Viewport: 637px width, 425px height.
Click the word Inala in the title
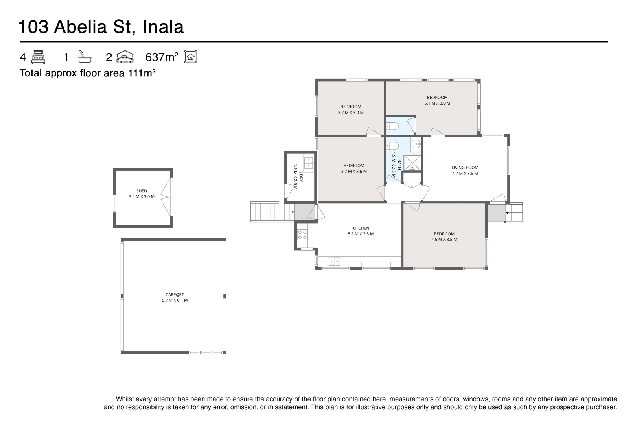[163, 28]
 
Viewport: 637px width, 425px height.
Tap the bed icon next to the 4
[38, 57]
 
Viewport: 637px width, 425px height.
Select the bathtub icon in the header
[84, 57]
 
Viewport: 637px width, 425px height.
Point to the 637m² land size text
[162, 57]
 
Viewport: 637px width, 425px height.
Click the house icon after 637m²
[191, 57]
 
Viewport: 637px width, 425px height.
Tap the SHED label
[142, 191]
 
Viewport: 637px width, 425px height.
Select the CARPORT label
[175, 295]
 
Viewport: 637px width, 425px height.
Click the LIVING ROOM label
[465, 168]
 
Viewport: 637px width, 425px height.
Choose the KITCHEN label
[361, 228]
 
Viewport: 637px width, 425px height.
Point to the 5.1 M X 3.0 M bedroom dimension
[437, 103]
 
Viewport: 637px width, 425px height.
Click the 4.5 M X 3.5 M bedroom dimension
[444, 240]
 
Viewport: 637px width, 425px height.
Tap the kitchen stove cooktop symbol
[302, 235]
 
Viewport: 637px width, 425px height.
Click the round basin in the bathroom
[416, 144]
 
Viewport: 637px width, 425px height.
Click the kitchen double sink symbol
[334, 261]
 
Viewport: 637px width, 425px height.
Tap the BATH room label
[400, 164]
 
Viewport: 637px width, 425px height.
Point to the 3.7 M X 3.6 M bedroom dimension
[354, 172]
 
